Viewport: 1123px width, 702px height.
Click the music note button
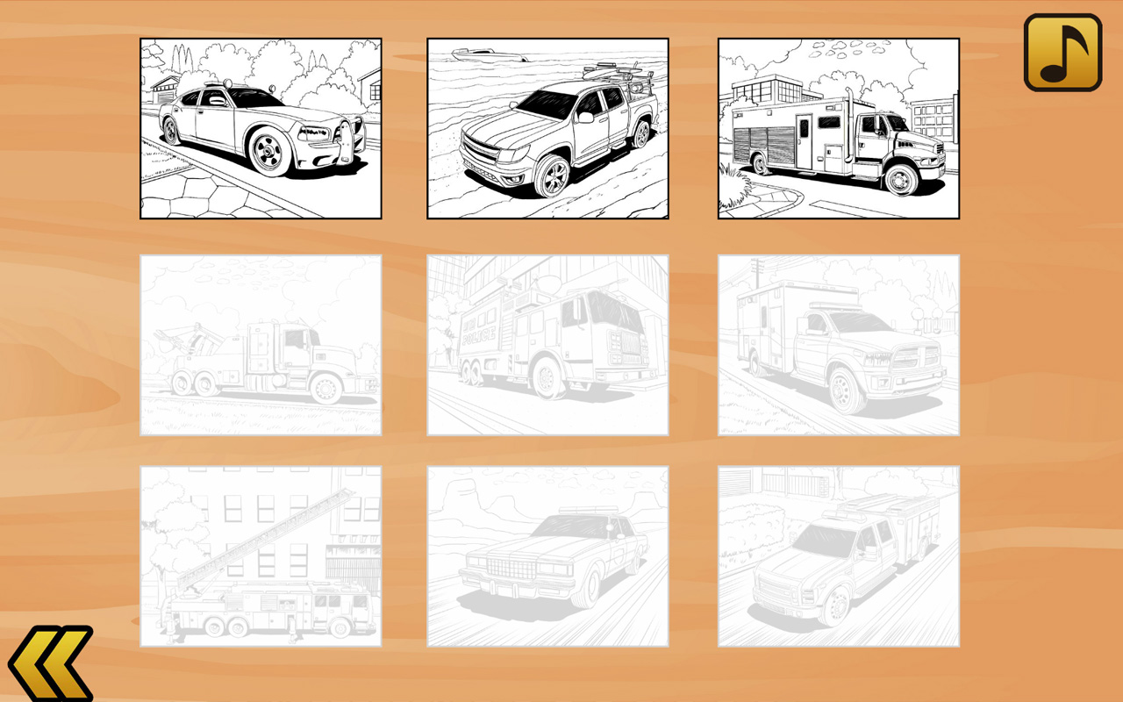click(x=1062, y=52)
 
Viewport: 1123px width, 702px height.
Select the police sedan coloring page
click(x=261, y=128)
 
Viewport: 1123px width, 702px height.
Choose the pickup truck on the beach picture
click(x=547, y=128)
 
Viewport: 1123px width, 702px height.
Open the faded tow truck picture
click(x=261, y=345)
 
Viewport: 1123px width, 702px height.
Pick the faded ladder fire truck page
click(x=261, y=556)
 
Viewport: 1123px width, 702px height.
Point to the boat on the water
click(x=488, y=56)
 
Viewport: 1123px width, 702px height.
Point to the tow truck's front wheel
click(x=326, y=387)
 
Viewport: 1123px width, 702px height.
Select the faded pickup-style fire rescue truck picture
click(x=838, y=556)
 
